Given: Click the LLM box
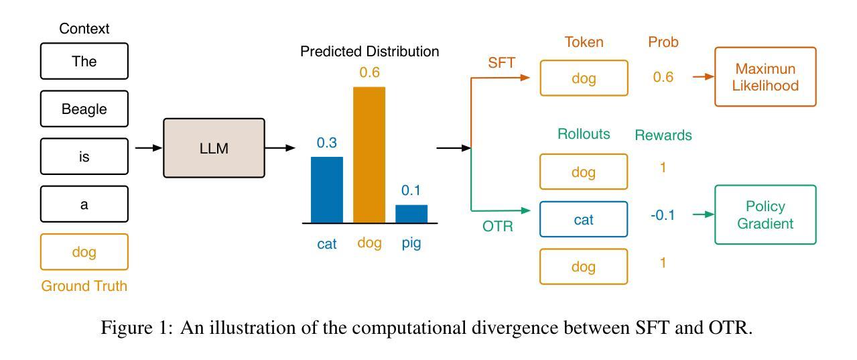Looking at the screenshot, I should (x=214, y=148).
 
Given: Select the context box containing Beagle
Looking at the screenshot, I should (x=84, y=109).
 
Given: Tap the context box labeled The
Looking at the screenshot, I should (x=84, y=62).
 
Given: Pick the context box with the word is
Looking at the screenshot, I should (x=84, y=157).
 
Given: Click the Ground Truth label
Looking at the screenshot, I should (x=84, y=286).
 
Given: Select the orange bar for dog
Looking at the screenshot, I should (x=369, y=155).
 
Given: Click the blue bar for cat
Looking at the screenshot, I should (x=327, y=190).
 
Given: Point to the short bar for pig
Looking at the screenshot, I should (x=411, y=214).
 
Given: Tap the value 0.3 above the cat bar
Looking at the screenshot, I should (x=327, y=142).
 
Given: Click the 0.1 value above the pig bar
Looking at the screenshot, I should (x=411, y=190).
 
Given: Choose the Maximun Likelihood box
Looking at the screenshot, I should (x=765, y=77).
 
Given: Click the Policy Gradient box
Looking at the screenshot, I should (x=765, y=215).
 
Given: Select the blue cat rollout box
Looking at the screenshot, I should (x=584, y=219).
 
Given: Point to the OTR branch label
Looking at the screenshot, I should (x=498, y=227).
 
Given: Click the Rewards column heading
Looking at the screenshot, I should (x=663, y=135).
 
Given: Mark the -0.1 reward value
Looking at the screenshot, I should (x=663, y=216).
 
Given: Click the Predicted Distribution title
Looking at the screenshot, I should (x=370, y=52).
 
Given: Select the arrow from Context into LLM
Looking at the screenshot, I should (x=149, y=147).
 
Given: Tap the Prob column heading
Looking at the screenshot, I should (x=663, y=42).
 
